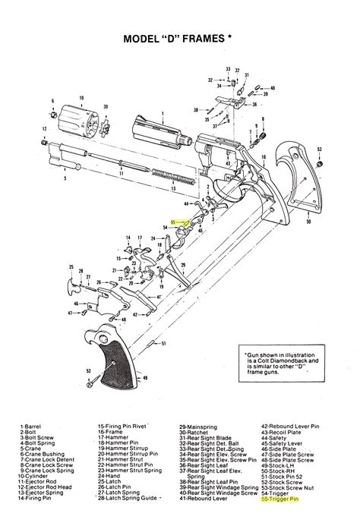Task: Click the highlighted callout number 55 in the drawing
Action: point(173,222)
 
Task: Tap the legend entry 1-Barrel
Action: point(33,427)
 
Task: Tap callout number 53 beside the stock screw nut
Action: point(320,150)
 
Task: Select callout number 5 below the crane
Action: point(65,178)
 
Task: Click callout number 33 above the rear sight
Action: point(227,68)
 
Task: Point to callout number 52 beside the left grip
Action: point(89,371)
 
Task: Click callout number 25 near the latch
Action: point(71,267)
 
